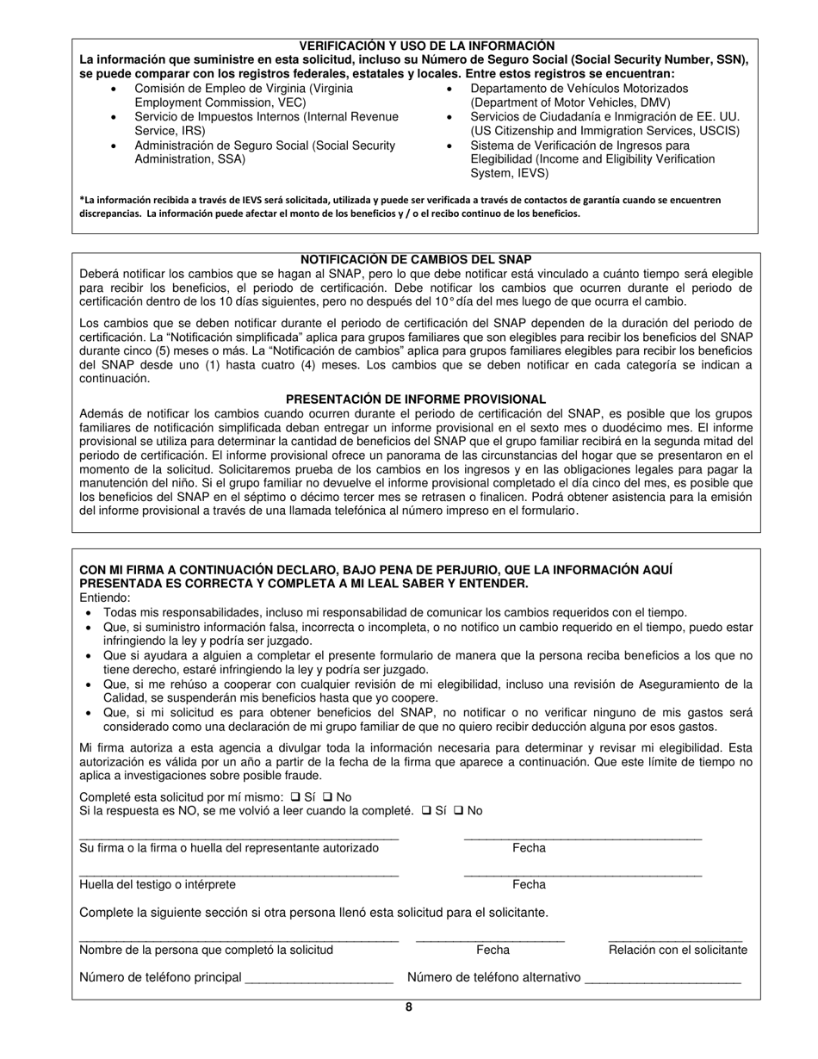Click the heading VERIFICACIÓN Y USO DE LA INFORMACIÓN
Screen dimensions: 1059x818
click(426, 46)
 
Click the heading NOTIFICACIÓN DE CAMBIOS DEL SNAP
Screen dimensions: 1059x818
click(415, 259)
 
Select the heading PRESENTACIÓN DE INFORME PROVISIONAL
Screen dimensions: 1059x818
click(415, 399)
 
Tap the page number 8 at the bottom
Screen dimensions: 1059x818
click(408, 1007)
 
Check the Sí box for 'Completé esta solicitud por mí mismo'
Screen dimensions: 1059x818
click(296, 797)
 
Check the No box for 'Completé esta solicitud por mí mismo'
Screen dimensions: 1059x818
click(327, 797)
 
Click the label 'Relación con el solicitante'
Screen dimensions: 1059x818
click(678, 951)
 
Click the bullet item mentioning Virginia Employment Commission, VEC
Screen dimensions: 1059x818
click(243, 96)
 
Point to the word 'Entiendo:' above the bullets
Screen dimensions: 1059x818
click(105, 598)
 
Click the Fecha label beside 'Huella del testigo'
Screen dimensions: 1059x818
click(529, 885)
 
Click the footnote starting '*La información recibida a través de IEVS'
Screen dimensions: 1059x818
click(400, 207)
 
